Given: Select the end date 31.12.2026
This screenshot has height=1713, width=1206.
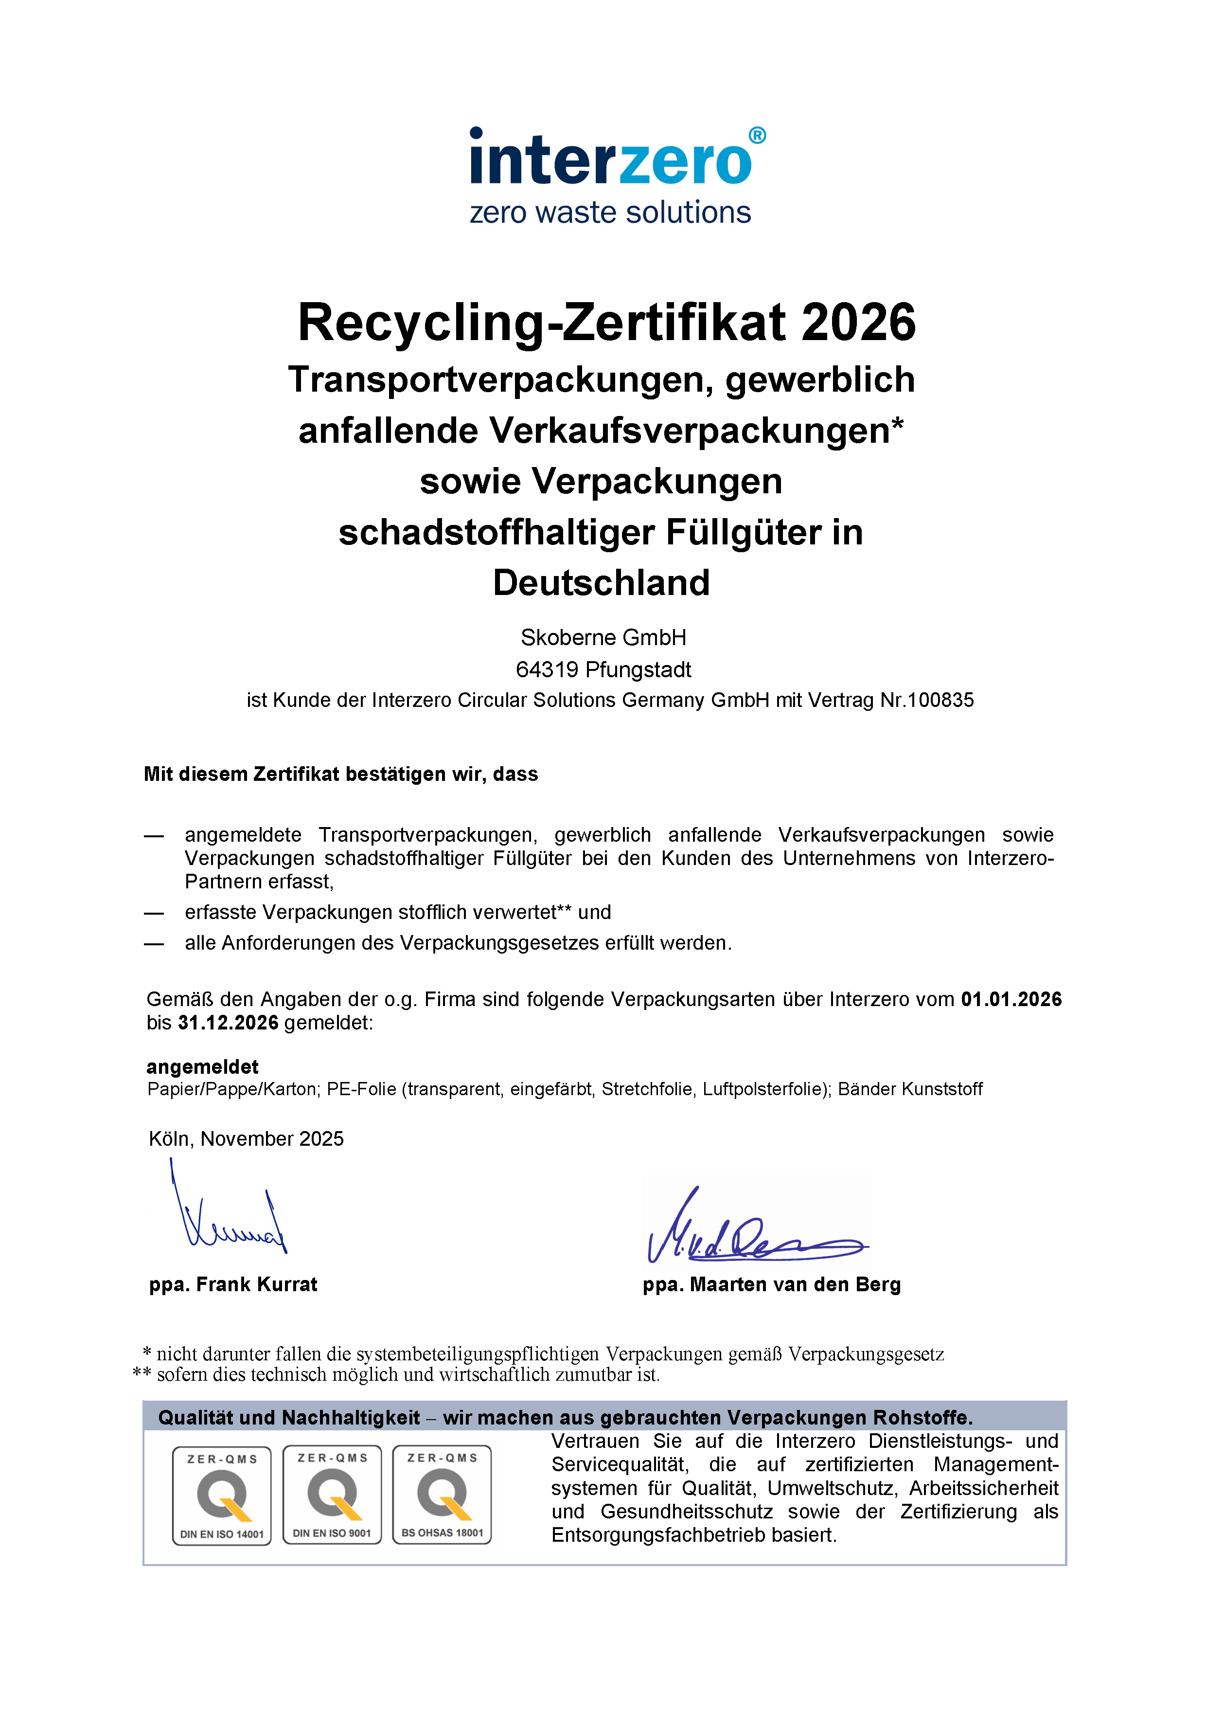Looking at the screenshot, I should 228,1022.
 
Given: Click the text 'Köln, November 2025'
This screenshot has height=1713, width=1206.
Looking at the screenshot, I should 246,1138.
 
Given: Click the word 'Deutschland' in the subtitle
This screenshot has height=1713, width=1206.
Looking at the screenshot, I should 601,583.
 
